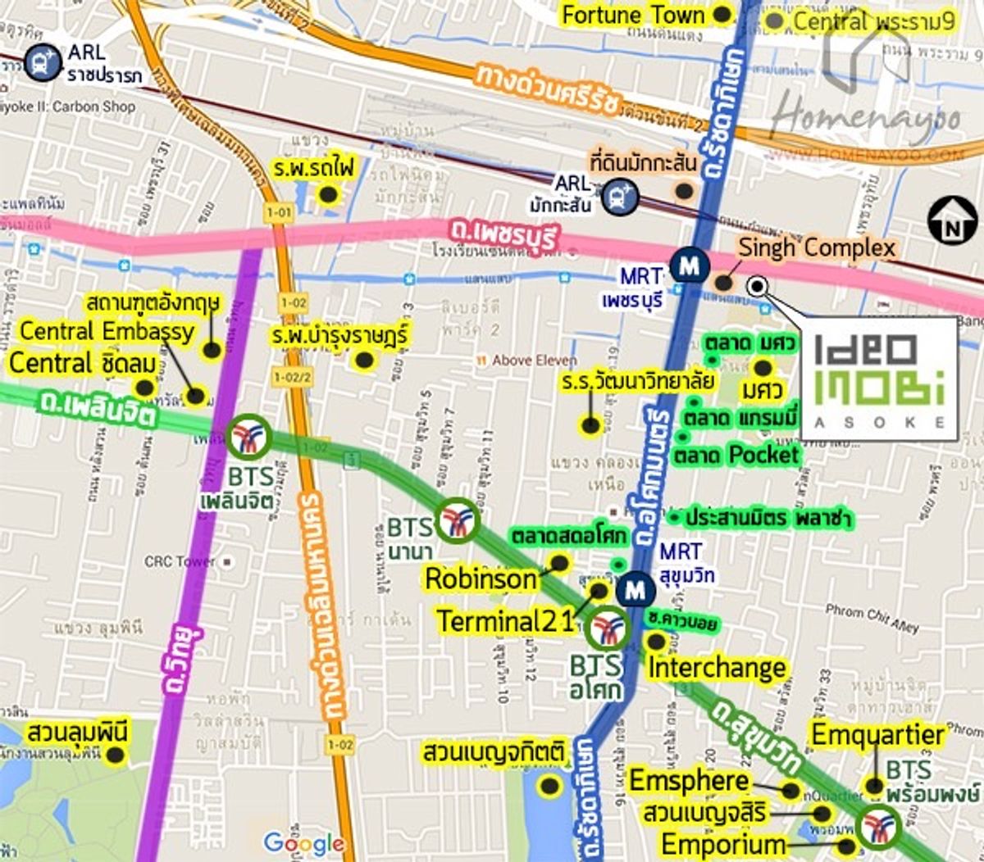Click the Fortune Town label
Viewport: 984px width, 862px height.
point(632,15)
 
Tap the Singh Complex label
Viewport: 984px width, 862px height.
point(816,247)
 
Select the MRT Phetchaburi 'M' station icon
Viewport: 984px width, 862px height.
point(690,265)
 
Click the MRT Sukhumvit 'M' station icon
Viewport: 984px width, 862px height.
point(635,589)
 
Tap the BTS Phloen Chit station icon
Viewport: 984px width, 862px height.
point(249,437)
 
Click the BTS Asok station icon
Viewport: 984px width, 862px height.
point(608,629)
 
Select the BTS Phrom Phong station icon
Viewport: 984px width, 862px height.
point(879,825)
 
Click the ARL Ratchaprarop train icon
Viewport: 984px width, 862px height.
point(42,62)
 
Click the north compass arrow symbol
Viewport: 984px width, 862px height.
point(951,221)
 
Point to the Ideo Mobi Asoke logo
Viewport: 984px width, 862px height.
point(879,379)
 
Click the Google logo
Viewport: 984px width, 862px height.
point(303,843)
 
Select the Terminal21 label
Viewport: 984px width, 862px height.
point(504,621)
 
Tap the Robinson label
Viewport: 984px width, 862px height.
point(481,579)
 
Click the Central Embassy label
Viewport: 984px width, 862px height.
point(107,331)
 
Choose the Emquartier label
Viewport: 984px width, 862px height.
point(877,735)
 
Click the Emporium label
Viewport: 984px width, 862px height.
point(723,844)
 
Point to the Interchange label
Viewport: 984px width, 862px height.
point(717,668)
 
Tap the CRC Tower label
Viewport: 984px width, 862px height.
point(180,562)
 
